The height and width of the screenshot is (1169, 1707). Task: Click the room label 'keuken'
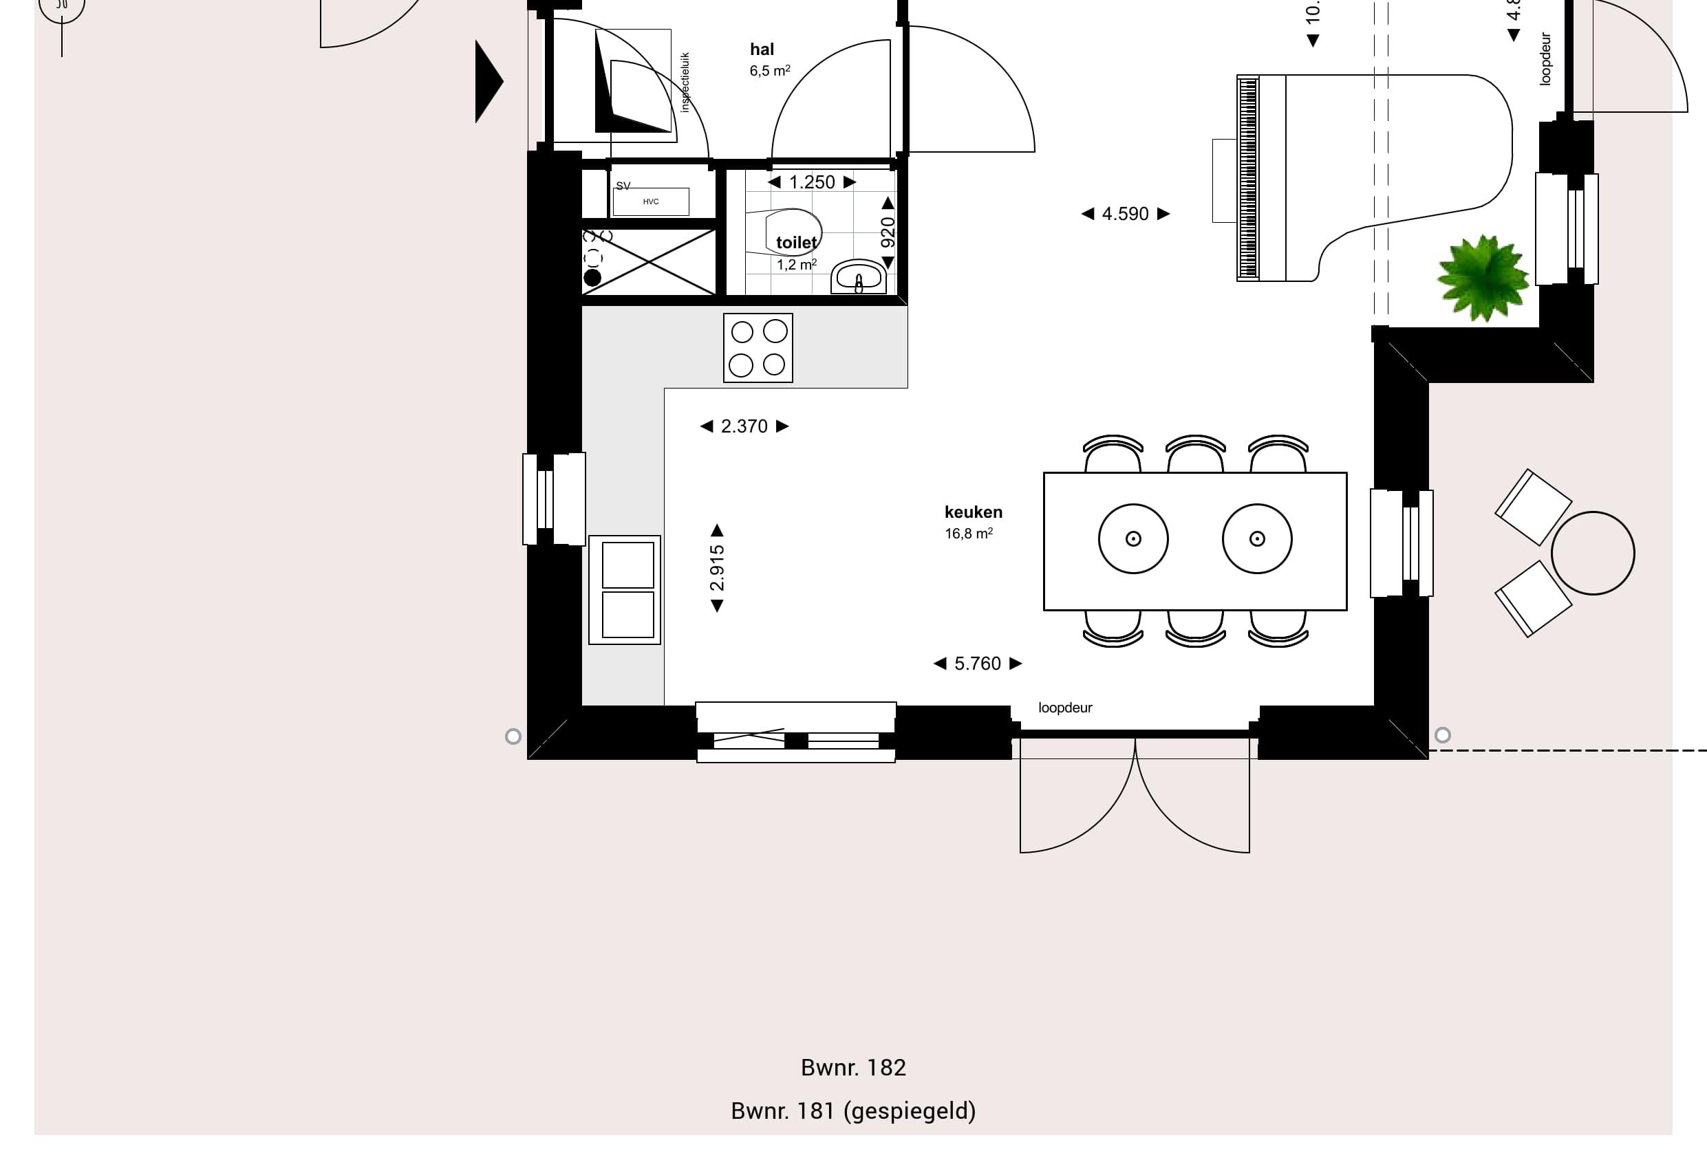[x=974, y=512]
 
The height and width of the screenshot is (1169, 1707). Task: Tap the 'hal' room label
[x=762, y=50]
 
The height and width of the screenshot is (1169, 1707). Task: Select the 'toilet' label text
[x=796, y=242]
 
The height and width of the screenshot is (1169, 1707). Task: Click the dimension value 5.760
[x=977, y=664]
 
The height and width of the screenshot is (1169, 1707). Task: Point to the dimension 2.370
[x=744, y=426]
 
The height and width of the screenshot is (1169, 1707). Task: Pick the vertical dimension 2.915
[x=718, y=567]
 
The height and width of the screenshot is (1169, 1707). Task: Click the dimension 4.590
[x=1124, y=214]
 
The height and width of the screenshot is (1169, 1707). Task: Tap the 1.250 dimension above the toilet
[x=812, y=182]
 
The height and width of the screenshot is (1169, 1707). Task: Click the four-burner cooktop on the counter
[x=758, y=348]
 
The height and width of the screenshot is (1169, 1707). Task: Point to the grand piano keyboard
[x=1248, y=177]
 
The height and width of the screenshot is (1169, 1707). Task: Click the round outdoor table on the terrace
[x=1592, y=553]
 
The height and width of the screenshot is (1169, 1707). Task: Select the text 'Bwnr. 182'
[x=852, y=1068]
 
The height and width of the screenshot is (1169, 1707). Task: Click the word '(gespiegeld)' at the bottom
[x=910, y=1111]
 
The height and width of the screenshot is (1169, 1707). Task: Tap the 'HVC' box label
[x=651, y=202]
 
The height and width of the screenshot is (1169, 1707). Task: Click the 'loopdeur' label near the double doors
[x=1065, y=708]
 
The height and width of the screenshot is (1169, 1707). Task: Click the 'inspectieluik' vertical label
[x=685, y=83]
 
